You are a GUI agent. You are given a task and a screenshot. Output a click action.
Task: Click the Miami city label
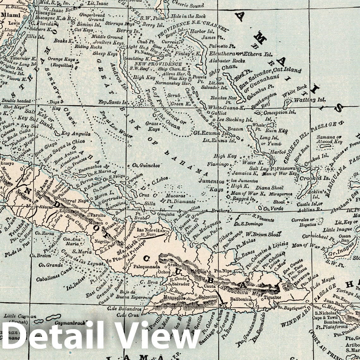coord(11,15)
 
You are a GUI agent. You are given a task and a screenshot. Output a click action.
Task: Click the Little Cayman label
coord(20,316)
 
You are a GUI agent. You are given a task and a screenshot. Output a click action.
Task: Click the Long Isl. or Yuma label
coord(269,141)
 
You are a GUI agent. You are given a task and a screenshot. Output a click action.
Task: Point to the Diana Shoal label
coord(269,188)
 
